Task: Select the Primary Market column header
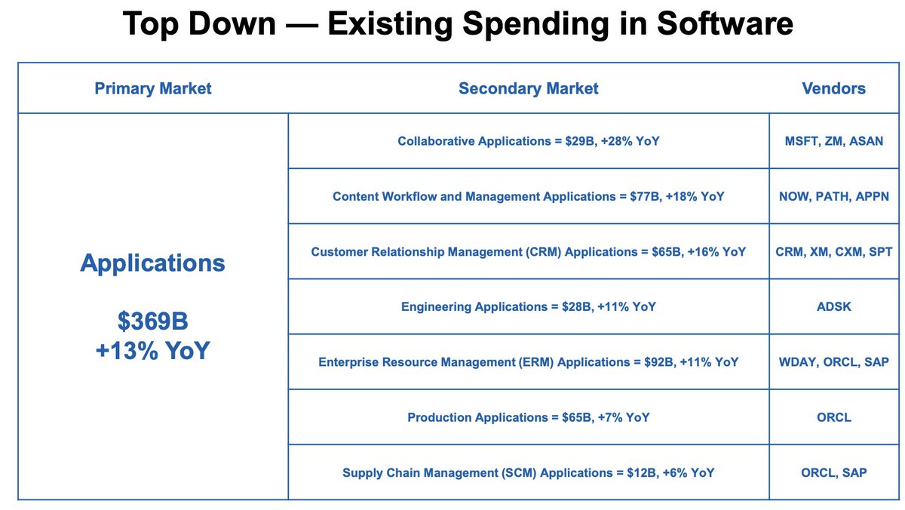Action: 153,88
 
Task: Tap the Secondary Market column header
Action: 528,88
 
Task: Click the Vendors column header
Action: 833,88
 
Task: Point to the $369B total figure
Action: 152,322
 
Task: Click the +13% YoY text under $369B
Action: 152,351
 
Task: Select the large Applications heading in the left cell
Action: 152,263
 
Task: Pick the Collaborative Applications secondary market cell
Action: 528,141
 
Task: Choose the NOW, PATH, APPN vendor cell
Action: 833,196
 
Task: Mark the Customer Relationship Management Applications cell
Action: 528,251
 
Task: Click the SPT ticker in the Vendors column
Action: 879,251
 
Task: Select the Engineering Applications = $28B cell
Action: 528,307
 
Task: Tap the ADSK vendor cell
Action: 833,307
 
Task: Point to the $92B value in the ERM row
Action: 652,362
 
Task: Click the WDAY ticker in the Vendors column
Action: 796,362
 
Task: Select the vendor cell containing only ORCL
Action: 833,417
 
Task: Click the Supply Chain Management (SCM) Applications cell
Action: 528,473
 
